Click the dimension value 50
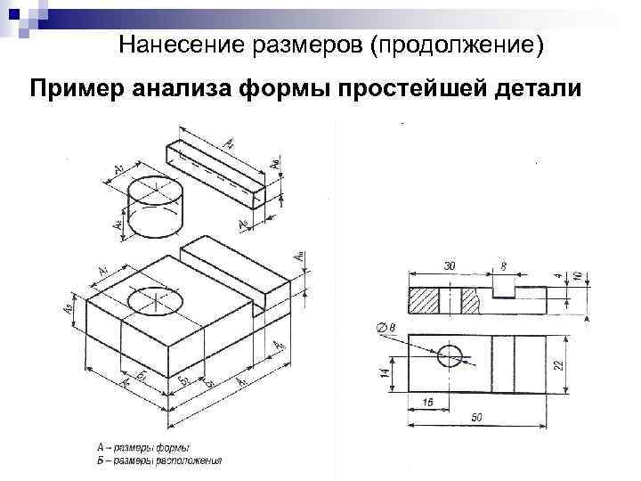[x=477, y=418]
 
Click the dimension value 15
[x=428, y=404]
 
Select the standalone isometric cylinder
[x=156, y=208]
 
